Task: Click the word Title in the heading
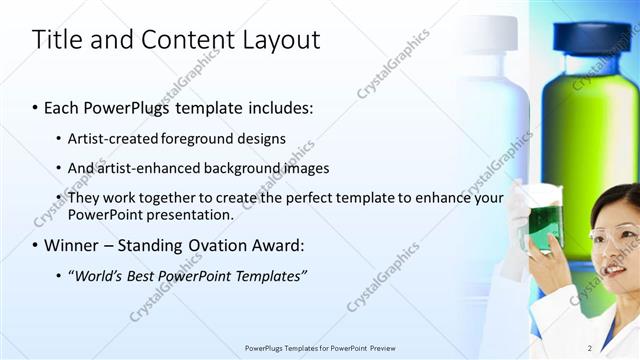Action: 54,40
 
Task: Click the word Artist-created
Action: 112,139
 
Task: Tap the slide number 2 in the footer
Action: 590,348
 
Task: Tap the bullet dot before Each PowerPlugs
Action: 36,108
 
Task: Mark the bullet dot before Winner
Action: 36,245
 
